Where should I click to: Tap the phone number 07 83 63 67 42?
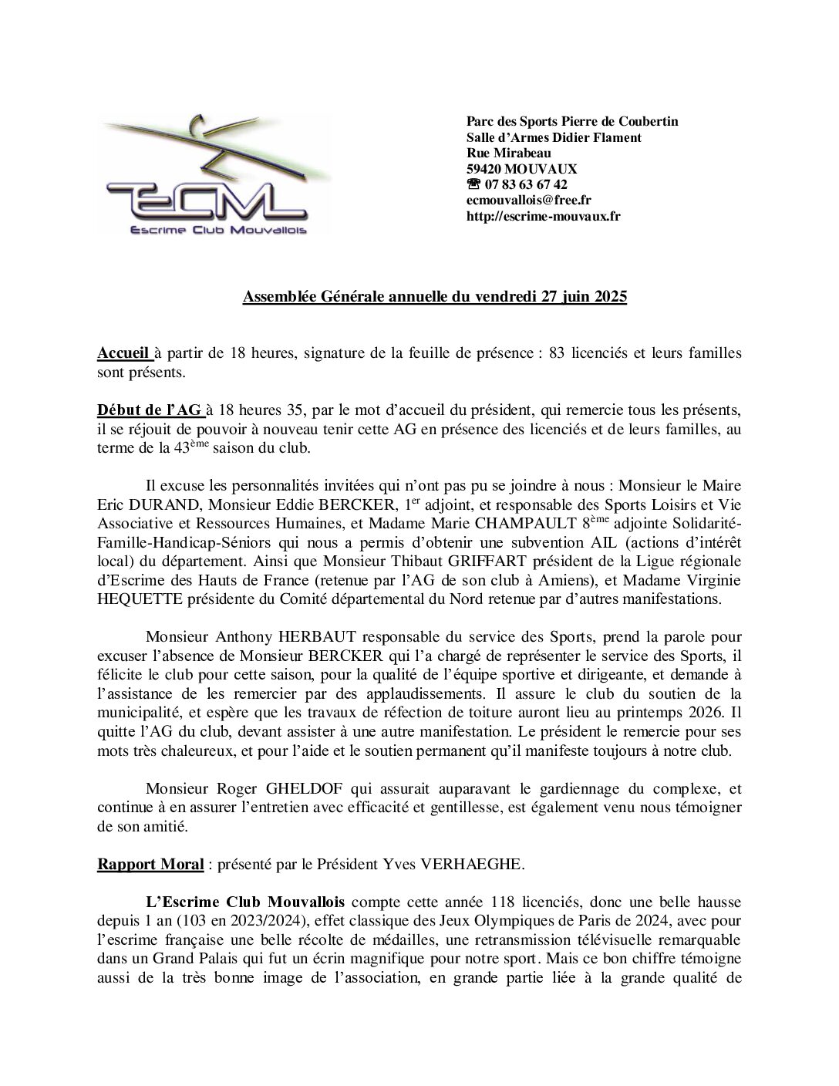point(525,184)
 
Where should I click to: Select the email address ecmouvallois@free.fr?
point(528,201)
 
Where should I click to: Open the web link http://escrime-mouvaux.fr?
point(543,216)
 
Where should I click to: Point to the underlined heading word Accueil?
point(123,352)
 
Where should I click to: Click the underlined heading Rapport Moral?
point(150,864)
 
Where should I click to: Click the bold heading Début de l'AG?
point(148,410)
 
